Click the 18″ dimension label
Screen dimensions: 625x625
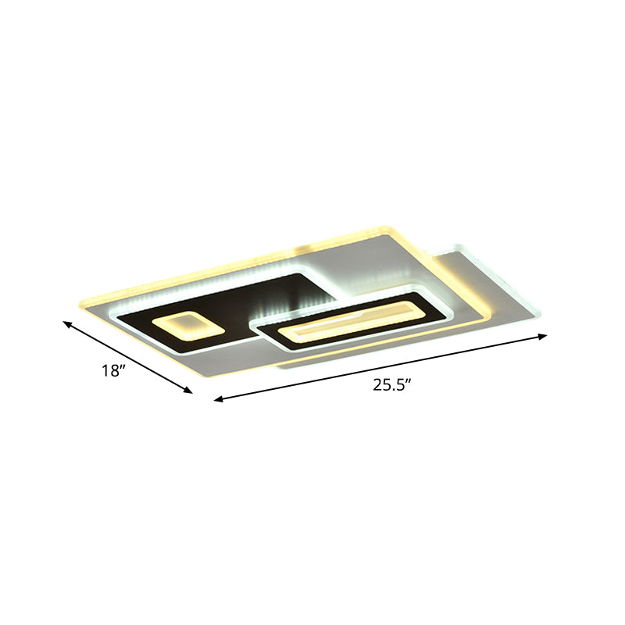click(x=113, y=371)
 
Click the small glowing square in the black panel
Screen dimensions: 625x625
click(x=185, y=325)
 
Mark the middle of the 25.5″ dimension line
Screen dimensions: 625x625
click(x=380, y=368)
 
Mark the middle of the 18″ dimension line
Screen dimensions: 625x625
click(x=128, y=356)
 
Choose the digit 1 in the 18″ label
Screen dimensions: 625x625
click(x=104, y=372)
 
